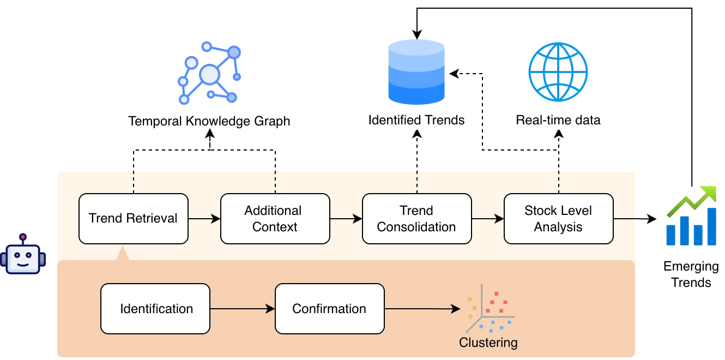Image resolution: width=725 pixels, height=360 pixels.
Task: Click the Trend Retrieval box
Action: (133, 218)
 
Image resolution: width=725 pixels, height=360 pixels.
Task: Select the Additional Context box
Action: (275, 218)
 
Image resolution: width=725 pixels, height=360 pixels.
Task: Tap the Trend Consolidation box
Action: (416, 218)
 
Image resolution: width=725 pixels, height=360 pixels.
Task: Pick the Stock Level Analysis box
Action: (558, 218)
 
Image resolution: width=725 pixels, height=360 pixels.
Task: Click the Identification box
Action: (156, 309)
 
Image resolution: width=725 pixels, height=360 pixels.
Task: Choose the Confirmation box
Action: (329, 309)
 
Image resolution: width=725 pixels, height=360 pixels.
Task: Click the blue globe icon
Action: (558, 71)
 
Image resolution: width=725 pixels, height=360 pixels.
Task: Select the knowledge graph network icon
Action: (209, 73)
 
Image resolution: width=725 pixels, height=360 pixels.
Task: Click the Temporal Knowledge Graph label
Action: (209, 121)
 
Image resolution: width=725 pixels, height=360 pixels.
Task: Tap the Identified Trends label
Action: (416, 120)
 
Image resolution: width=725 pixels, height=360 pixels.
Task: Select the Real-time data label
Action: (558, 120)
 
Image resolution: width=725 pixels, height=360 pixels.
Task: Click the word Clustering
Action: (488, 343)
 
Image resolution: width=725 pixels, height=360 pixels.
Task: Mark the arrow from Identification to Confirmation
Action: (243, 309)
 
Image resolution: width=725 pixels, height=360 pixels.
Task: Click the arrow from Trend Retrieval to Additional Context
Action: (204, 219)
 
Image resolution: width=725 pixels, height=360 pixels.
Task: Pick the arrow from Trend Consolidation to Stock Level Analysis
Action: (488, 219)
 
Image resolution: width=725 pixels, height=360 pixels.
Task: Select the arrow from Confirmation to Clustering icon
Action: (422, 309)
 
